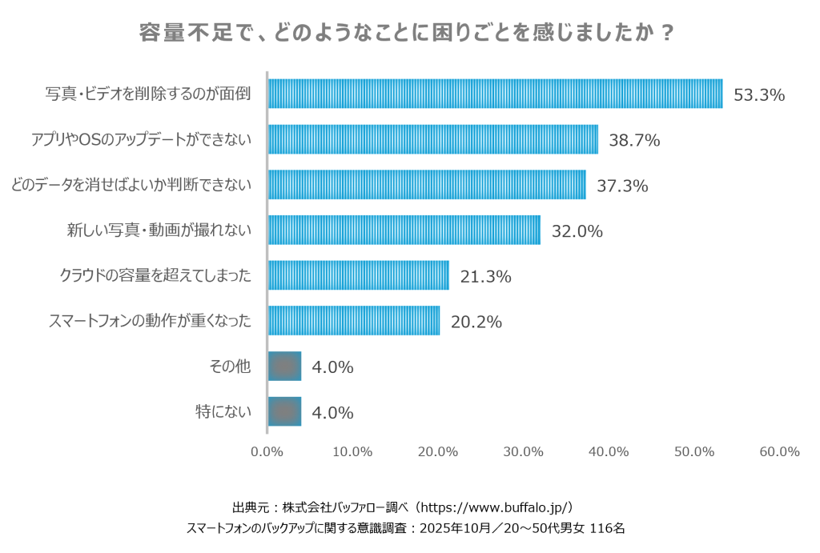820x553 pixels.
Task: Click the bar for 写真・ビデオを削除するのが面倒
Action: (495, 94)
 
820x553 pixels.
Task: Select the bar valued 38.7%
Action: (433, 139)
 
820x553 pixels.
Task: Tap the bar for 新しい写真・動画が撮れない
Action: (404, 230)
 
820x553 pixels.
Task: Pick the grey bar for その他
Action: (284, 367)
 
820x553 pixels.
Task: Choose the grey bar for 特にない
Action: (284, 412)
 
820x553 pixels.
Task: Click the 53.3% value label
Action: (759, 95)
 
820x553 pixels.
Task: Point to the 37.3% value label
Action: (622, 186)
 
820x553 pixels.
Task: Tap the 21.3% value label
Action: (485, 277)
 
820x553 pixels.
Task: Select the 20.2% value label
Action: (476, 322)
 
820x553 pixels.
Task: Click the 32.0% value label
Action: (577, 231)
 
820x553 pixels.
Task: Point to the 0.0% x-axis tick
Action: (267, 451)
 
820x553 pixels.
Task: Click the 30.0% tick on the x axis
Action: (523, 451)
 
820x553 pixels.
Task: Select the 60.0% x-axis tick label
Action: (779, 451)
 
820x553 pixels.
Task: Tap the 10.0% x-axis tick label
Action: (352, 451)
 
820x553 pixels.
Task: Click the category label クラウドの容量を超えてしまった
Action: (155, 275)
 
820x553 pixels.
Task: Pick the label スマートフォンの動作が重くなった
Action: (150, 320)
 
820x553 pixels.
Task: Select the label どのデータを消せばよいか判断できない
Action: (131, 185)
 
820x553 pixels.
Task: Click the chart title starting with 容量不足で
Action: (406, 32)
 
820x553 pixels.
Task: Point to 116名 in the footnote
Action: (607, 528)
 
